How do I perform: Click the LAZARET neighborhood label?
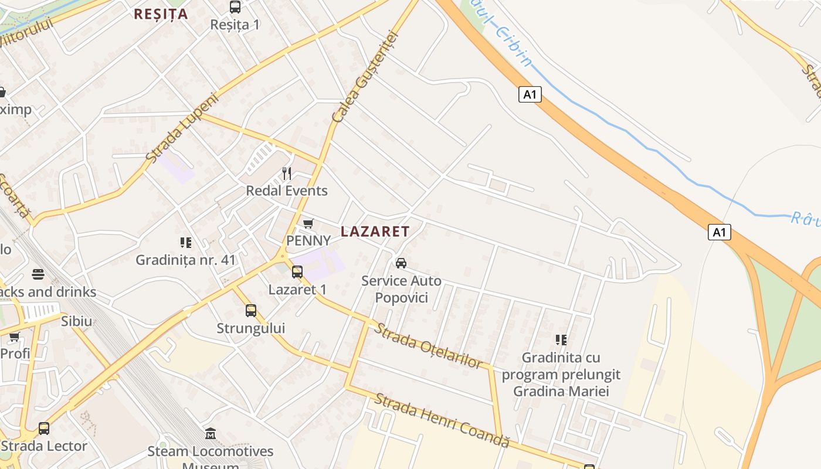click(x=375, y=232)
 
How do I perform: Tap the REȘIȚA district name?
click(x=161, y=14)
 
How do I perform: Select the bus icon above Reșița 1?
click(x=235, y=7)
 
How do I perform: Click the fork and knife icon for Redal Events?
click(x=287, y=173)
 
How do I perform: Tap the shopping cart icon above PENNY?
click(x=308, y=223)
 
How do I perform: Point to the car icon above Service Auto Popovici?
click(x=401, y=263)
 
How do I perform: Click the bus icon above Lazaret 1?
click(x=297, y=271)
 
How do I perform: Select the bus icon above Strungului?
click(x=251, y=310)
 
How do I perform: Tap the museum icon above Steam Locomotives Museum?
click(x=211, y=434)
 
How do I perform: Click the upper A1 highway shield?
click(x=530, y=94)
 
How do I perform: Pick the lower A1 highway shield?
click(x=720, y=232)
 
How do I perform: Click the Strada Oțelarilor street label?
click(x=428, y=346)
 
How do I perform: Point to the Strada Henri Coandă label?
click(x=442, y=420)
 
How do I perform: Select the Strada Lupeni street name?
click(x=181, y=127)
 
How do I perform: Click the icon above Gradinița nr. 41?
click(x=186, y=242)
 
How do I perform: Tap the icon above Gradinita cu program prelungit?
click(x=561, y=339)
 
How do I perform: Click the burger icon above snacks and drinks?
click(x=38, y=274)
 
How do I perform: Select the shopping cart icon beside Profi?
click(x=14, y=337)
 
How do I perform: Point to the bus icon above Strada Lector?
click(x=44, y=428)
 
